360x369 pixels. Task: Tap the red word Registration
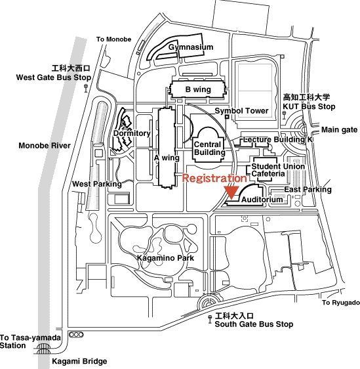tap(214, 178)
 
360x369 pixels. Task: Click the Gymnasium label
tap(191, 47)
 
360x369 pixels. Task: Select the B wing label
tap(198, 89)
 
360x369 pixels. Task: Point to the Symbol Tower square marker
tap(227, 116)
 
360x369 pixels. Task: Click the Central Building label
tap(210, 148)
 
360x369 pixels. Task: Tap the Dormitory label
tap(132, 133)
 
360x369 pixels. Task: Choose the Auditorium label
tap(262, 200)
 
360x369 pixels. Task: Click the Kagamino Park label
tap(165, 258)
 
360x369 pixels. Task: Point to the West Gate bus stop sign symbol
tap(86, 88)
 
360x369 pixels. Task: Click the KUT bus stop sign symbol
tap(284, 116)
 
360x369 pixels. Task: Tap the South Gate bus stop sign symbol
tap(210, 320)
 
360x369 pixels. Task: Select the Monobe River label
tap(45, 146)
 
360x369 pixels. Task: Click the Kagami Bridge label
tap(79, 361)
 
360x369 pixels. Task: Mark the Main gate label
tap(339, 129)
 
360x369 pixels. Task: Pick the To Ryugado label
tap(341, 303)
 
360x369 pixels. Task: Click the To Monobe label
tap(113, 39)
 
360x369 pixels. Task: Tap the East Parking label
tap(308, 190)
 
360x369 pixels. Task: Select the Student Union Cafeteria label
tap(278, 170)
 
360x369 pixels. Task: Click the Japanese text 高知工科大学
tap(306, 97)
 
